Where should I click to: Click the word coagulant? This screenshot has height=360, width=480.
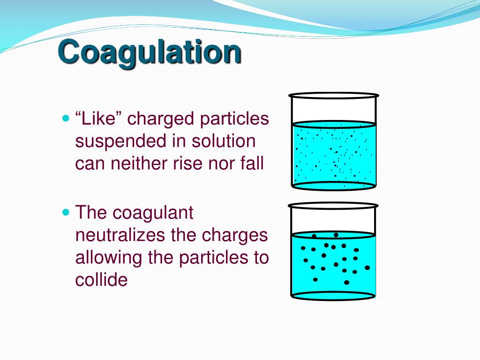click(x=153, y=213)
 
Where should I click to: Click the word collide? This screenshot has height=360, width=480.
click(x=101, y=280)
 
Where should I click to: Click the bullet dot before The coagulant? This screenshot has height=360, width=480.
click(x=66, y=212)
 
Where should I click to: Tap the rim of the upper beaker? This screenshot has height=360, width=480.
click(x=334, y=96)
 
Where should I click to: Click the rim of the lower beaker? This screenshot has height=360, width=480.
click(x=333, y=205)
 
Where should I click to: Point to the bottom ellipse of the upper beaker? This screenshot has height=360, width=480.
click(x=334, y=186)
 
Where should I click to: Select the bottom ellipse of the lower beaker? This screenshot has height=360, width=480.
click(x=333, y=296)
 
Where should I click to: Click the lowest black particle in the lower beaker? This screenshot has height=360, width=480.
click(x=346, y=282)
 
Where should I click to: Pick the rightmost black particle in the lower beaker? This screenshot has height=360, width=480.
click(x=367, y=268)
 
